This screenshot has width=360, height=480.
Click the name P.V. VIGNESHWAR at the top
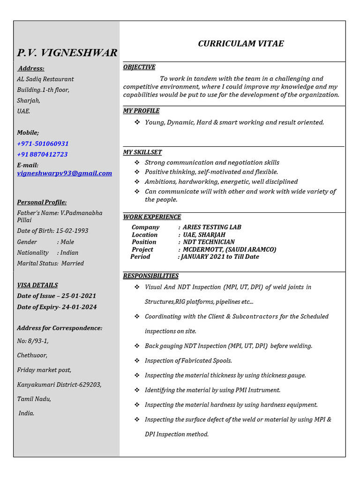pyautogui.click(x=67, y=52)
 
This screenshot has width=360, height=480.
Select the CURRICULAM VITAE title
pyautogui.click(x=240, y=44)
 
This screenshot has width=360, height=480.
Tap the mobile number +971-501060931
pyautogui.click(x=43, y=143)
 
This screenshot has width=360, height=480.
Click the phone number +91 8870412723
pyautogui.click(x=42, y=154)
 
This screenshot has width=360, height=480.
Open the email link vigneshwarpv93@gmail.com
pyautogui.click(x=65, y=173)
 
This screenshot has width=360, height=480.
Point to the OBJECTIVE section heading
pyautogui.click(x=139, y=67)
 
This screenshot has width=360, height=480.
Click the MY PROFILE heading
pyautogui.click(x=141, y=111)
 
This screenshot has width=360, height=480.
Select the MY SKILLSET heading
pyautogui.click(x=142, y=152)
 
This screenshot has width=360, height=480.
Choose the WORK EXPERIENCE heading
pyautogui.click(x=152, y=217)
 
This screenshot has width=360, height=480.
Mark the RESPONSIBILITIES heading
pyautogui.click(x=150, y=276)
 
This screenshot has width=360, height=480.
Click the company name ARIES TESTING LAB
pyautogui.click(x=212, y=227)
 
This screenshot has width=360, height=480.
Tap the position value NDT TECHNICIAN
pyautogui.click(x=209, y=242)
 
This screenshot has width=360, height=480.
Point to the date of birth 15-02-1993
pyautogui.click(x=72, y=231)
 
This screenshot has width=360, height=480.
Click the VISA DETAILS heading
pyautogui.click(x=37, y=285)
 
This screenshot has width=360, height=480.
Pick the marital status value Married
pyautogui.click(x=73, y=263)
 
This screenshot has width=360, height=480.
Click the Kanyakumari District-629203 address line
pyautogui.click(x=59, y=384)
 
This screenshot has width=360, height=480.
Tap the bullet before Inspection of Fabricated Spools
pyautogui.click(x=137, y=360)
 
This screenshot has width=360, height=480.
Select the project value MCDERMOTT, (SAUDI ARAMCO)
pyautogui.click(x=229, y=249)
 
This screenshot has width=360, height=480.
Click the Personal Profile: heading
pyautogui.click(x=42, y=202)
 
